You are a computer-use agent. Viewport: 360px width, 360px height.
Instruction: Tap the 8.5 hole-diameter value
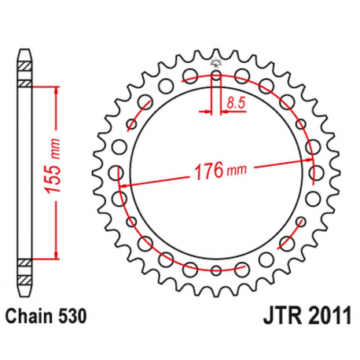pos(234,101)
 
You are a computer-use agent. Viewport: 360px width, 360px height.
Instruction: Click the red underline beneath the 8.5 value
pos(233,112)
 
